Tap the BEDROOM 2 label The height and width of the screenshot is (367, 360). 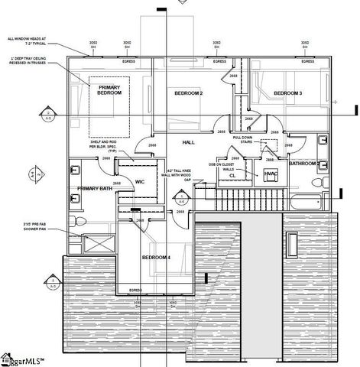(x=188, y=93)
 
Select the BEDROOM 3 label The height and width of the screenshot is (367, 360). (x=288, y=93)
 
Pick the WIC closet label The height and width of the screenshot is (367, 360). (x=140, y=182)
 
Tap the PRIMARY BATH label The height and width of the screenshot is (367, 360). (x=95, y=187)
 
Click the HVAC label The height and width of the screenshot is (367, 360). (x=269, y=174)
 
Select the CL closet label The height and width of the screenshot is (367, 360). (x=232, y=175)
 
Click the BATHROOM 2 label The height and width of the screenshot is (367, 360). (x=303, y=164)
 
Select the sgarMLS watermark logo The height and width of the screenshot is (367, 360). (x=23, y=358)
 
